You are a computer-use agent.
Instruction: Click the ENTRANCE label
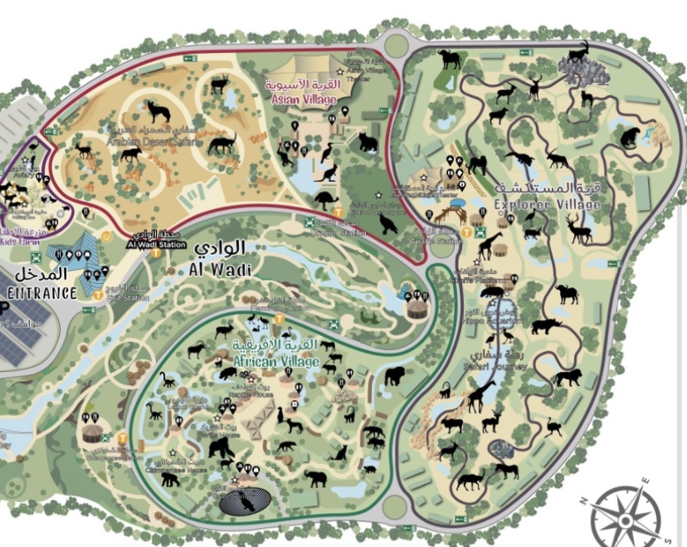[41, 293]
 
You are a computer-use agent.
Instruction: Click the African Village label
[275, 363]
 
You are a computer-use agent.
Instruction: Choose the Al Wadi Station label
[155, 245]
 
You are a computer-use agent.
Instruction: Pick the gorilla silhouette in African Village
[222, 448]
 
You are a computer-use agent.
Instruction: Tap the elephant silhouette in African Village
[315, 478]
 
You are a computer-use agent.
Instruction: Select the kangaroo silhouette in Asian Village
[329, 173]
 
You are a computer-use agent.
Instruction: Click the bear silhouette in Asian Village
[368, 143]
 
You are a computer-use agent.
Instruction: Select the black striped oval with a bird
[247, 501]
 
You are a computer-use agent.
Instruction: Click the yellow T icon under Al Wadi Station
[106, 235]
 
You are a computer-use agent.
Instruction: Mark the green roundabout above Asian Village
[397, 44]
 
